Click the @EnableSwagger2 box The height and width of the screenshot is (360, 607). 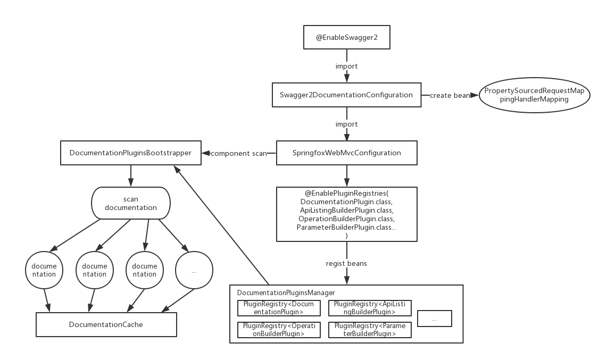click(346, 38)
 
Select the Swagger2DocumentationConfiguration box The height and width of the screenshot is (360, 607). click(346, 95)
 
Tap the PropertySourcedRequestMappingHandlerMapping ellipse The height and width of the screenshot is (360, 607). click(534, 95)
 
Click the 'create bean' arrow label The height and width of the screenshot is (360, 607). click(450, 96)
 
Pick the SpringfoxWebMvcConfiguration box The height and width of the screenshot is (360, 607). click(346, 153)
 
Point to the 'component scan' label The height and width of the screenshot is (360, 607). click(239, 154)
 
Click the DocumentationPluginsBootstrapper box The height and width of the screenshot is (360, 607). click(130, 153)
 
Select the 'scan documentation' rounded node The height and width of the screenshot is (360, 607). click(130, 203)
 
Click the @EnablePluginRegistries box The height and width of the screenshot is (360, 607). click(346, 213)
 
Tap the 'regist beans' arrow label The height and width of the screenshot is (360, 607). click(346, 263)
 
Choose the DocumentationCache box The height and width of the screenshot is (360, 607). click(106, 324)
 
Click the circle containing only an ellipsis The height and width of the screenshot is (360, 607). click(194, 271)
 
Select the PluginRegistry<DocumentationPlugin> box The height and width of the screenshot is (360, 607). click(279, 308)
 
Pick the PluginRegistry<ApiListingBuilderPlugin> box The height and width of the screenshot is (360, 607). click(370, 308)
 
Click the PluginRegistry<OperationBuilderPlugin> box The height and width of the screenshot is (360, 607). click(279, 330)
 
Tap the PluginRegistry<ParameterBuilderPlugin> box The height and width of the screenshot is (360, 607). click(370, 330)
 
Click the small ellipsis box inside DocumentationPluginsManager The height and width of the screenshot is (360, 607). click(434, 319)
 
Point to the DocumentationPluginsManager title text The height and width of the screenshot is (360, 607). click(286, 293)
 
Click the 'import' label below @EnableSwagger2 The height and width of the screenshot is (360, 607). click(346, 66)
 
